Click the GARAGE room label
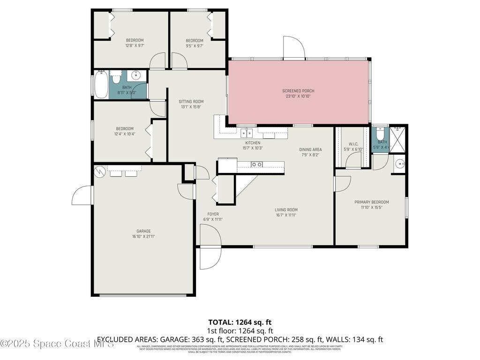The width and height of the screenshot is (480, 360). (x=143, y=231)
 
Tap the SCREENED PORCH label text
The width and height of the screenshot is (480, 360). (x=298, y=91)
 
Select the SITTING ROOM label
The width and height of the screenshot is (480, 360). (x=191, y=101)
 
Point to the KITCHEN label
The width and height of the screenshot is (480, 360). (x=253, y=143)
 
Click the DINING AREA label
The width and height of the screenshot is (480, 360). (x=310, y=150)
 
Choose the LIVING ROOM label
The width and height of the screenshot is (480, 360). (x=286, y=210)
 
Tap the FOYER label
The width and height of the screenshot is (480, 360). (x=213, y=214)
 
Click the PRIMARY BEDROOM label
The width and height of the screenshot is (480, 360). (x=371, y=202)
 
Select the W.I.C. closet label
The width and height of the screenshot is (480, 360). (x=353, y=144)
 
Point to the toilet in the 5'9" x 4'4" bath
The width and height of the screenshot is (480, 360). (x=381, y=133)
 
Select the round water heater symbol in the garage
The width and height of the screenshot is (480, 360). (x=100, y=172)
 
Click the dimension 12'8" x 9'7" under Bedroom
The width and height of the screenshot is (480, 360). (x=135, y=45)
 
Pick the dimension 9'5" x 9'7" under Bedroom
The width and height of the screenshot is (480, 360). (x=194, y=45)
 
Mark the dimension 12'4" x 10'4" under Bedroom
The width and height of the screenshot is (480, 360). (x=125, y=134)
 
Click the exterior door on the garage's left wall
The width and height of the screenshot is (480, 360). (x=82, y=195)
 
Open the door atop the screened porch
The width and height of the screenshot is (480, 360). (x=293, y=48)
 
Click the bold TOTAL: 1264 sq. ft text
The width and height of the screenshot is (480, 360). (x=240, y=322)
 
